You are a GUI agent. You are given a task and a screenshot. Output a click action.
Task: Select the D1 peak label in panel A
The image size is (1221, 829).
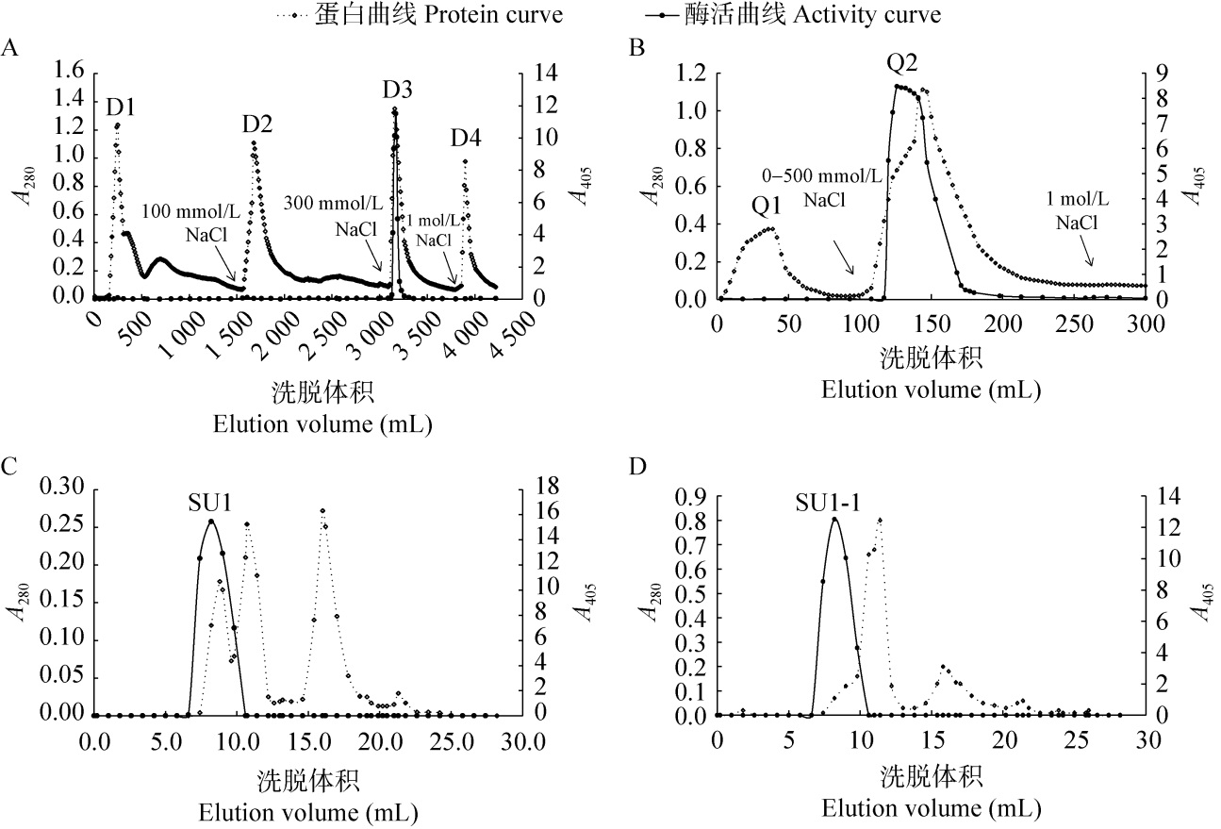121,107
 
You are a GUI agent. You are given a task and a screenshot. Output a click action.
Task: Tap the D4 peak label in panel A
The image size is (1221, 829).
466,140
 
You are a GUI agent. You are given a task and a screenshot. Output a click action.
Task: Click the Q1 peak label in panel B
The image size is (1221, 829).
766,205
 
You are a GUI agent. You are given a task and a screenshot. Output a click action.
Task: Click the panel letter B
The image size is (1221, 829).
636,47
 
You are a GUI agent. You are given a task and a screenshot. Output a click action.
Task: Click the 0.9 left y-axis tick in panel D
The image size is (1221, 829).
693,496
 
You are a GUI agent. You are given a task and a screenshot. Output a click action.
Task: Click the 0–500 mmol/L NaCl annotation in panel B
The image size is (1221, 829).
823,188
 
